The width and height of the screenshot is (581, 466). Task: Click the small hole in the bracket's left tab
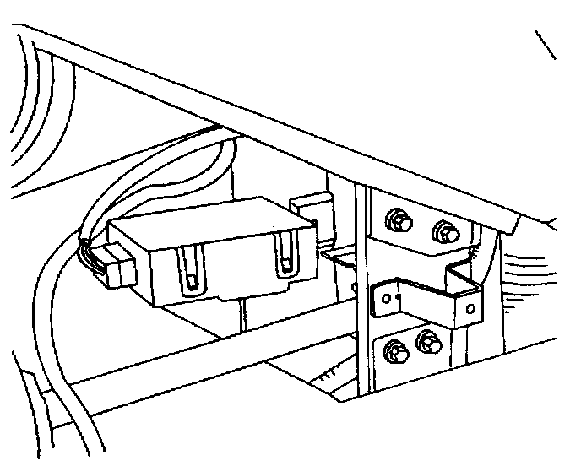click(386, 295)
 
